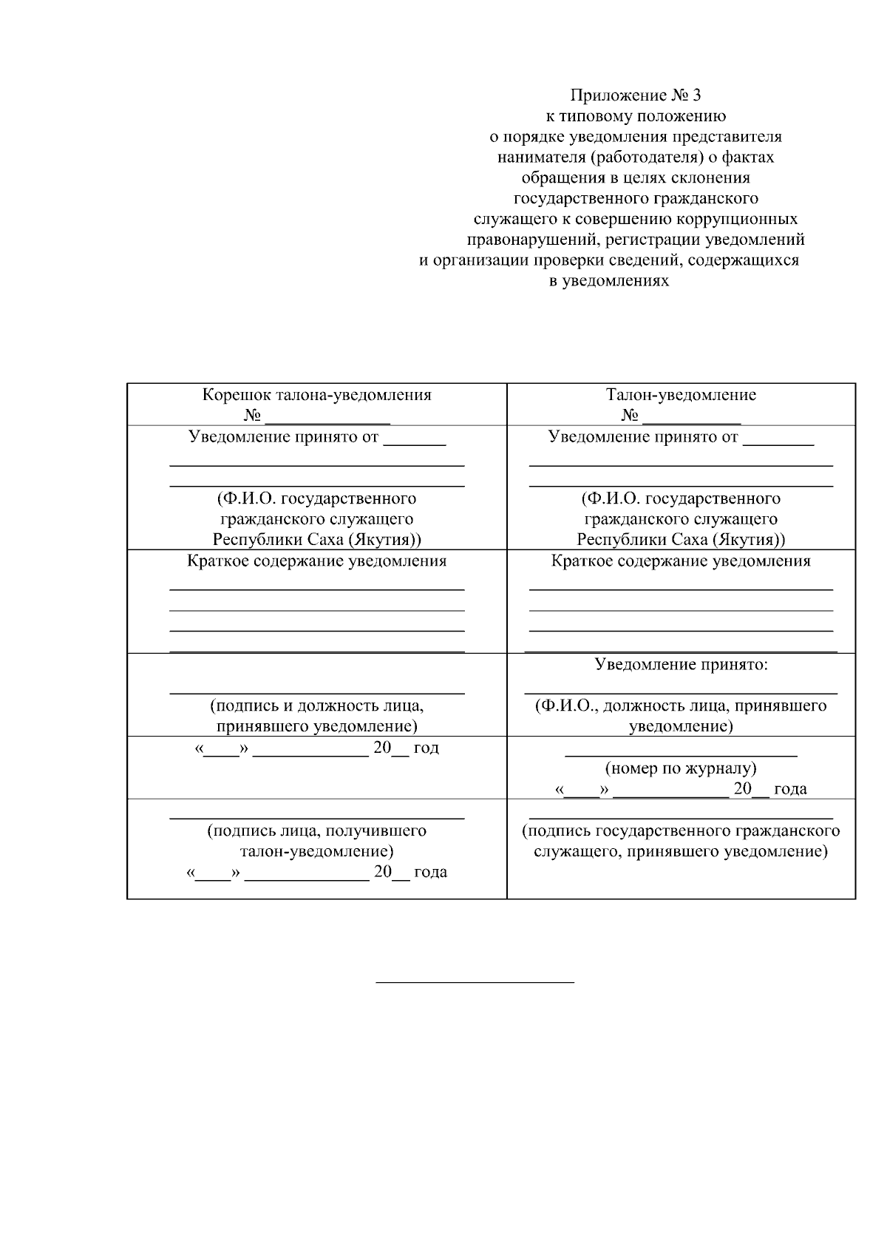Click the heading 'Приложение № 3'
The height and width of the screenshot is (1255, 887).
635,95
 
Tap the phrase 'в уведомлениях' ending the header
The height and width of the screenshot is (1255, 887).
609,281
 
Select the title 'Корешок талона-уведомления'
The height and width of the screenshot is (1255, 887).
317,395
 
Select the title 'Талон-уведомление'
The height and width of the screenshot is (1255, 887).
681,395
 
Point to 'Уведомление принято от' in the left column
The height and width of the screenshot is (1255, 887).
284,437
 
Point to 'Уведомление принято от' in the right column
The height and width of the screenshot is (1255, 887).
643,437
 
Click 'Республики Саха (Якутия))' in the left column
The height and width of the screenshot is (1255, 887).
317,539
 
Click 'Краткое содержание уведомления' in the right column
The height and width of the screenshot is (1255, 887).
681,561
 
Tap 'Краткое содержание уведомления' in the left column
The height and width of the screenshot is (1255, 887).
317,561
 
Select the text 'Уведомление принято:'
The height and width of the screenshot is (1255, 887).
682,665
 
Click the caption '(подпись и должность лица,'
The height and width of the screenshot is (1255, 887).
317,706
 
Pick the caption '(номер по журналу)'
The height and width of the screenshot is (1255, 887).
681,768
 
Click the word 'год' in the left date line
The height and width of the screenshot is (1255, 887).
426,748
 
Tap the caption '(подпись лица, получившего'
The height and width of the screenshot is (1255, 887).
317,831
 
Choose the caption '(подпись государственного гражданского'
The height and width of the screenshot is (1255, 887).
681,831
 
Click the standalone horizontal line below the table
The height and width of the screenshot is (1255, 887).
475,982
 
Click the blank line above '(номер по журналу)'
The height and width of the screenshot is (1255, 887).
681,756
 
